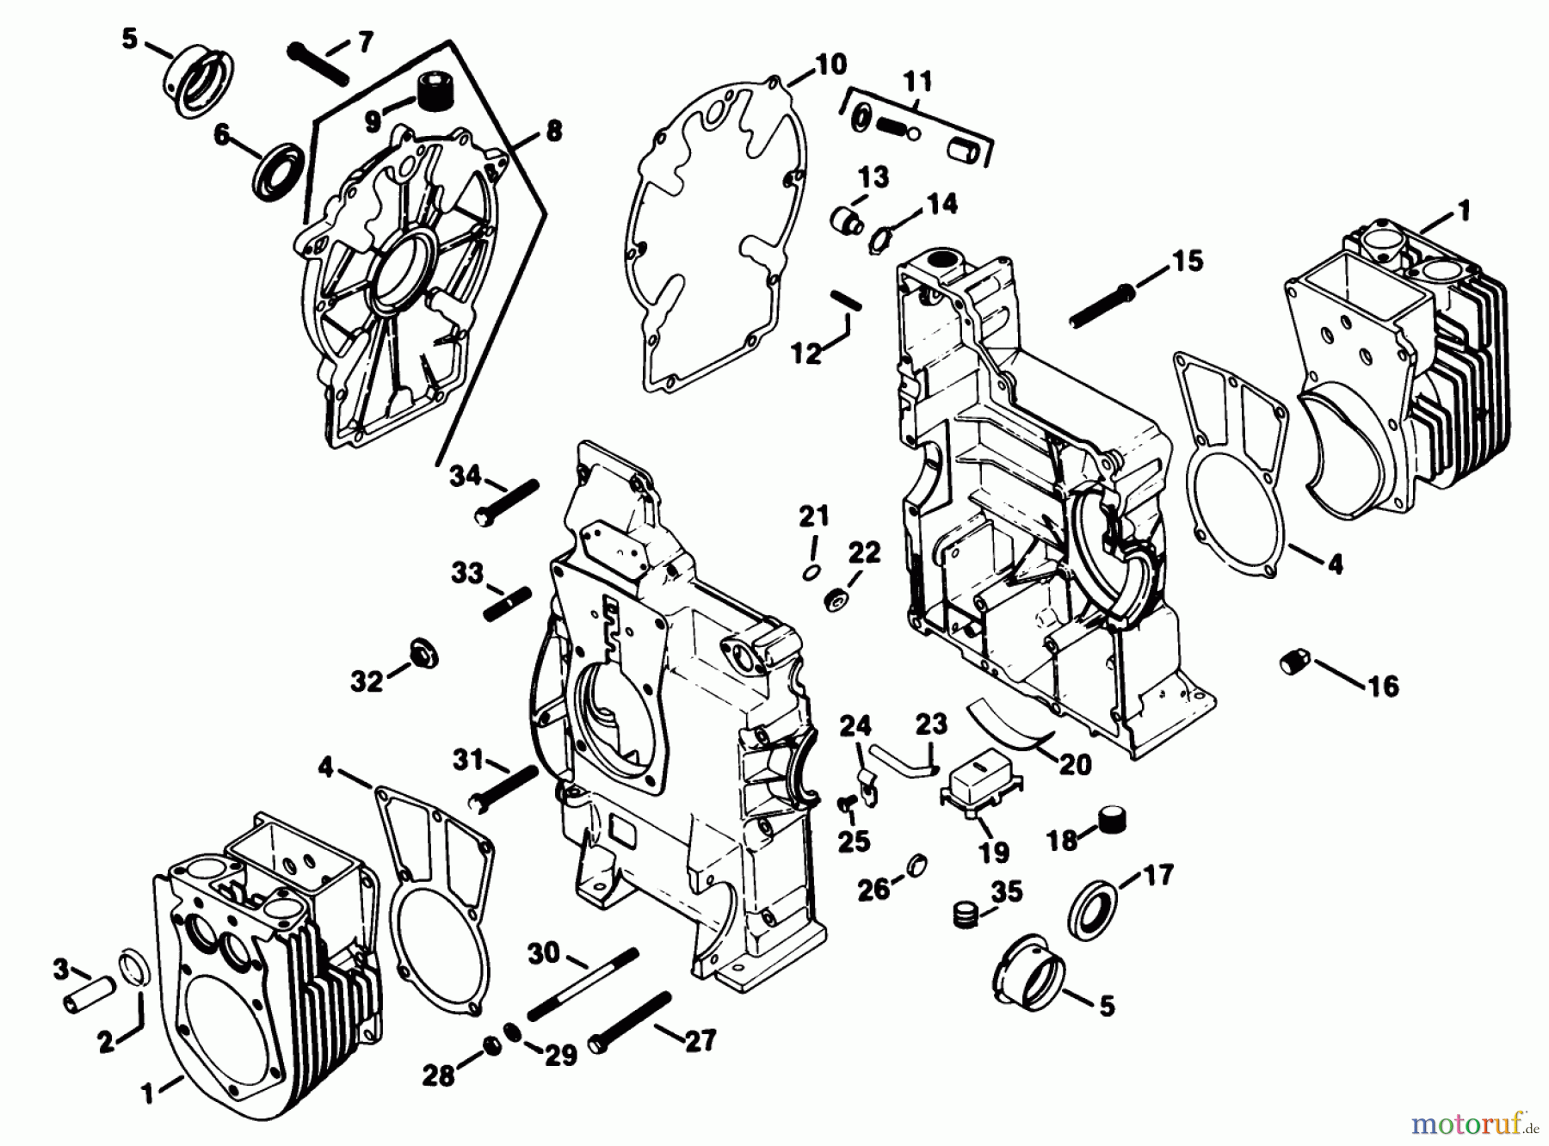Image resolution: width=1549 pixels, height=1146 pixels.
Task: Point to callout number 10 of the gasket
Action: (x=830, y=65)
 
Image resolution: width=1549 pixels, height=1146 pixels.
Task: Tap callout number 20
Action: (x=1077, y=764)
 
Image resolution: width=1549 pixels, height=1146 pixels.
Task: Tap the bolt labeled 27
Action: (x=630, y=1022)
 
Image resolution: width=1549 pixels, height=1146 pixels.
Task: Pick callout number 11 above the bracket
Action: (x=917, y=83)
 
